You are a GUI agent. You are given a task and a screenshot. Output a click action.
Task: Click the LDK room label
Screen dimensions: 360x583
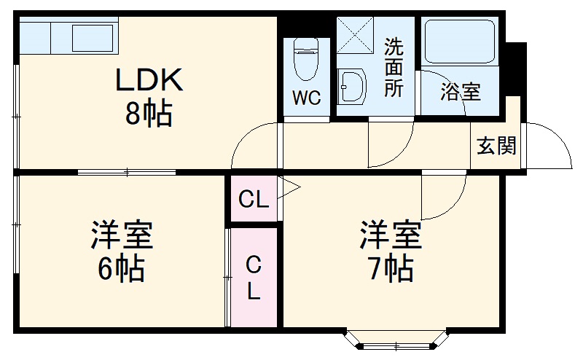pyautogui.click(x=151, y=80)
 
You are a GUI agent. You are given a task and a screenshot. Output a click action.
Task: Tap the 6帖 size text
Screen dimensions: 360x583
pyautogui.click(x=121, y=270)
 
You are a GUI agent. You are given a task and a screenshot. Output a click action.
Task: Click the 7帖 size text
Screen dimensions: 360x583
pyautogui.click(x=389, y=270)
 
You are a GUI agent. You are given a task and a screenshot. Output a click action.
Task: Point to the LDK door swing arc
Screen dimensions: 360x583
pyautogui.click(x=251, y=142)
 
